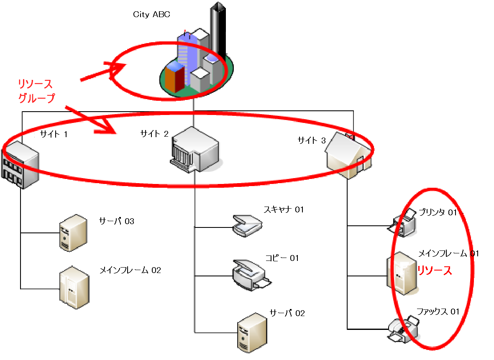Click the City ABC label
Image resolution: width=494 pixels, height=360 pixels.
[x=151, y=15]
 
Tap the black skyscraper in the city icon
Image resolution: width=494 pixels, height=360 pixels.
[x=217, y=29]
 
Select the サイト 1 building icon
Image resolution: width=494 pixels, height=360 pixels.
[x=20, y=166]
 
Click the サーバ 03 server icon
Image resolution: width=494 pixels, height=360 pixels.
[x=73, y=232]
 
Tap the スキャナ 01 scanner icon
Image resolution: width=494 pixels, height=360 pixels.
[x=247, y=225]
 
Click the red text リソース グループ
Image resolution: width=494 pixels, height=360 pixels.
[x=36, y=92]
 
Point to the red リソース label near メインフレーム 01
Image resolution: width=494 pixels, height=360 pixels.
[x=435, y=271]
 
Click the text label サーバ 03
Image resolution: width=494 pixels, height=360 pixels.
[x=116, y=221]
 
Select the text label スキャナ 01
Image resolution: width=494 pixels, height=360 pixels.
[x=283, y=209]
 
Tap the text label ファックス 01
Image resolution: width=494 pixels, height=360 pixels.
[x=438, y=311]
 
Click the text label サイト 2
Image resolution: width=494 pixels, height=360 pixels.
[x=154, y=134]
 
